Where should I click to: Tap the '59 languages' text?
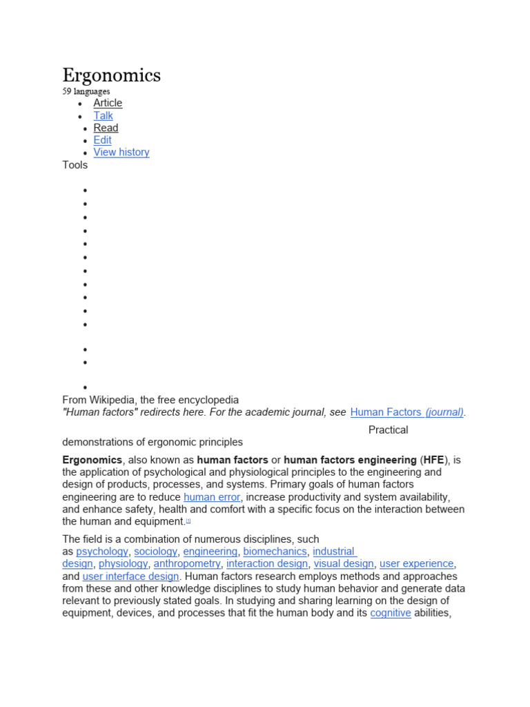[x=86, y=91]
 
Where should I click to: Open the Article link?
[x=108, y=103]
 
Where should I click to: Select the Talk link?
[x=103, y=115]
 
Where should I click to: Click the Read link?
[x=106, y=128]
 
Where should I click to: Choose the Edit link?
[x=102, y=140]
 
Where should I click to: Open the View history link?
[x=121, y=153]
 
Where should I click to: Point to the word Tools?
[x=75, y=165]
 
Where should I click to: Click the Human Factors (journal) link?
[x=407, y=412]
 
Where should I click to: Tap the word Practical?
[x=388, y=430]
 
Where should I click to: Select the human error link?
[x=212, y=497]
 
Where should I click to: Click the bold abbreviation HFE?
[x=433, y=460]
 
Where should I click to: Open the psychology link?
[x=102, y=552]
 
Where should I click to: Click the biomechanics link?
[x=275, y=552]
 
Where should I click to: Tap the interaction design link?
[x=267, y=564]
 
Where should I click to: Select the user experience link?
[x=417, y=564]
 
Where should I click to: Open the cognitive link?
[x=391, y=613]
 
